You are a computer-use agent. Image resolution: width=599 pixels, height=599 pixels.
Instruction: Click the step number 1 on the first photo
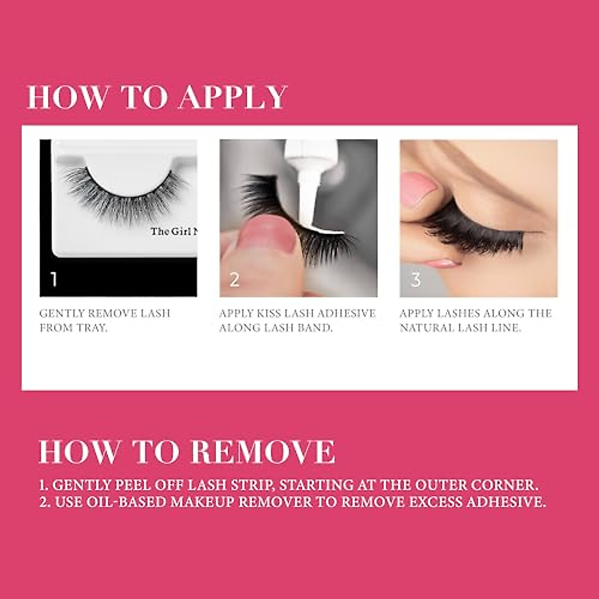(x=54, y=279)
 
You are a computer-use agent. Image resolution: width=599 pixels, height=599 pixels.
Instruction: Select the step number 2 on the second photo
(x=234, y=280)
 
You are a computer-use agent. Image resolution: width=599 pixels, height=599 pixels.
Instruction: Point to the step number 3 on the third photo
(x=415, y=280)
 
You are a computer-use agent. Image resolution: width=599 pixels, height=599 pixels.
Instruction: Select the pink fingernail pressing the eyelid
(x=418, y=188)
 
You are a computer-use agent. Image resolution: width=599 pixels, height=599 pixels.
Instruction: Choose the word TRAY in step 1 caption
(x=91, y=328)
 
